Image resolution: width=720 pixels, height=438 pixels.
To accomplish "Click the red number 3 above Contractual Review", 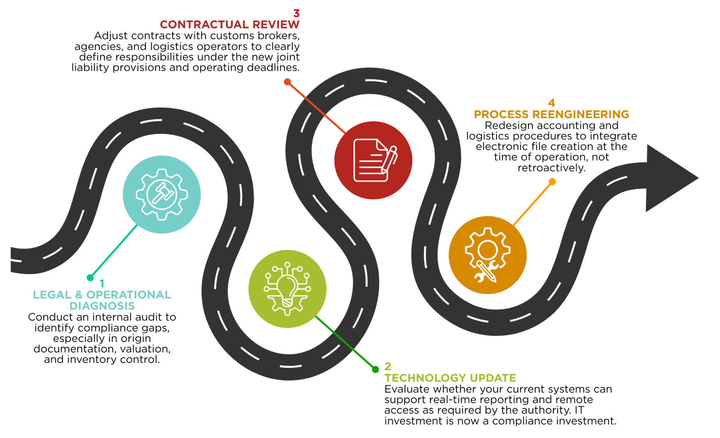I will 296,14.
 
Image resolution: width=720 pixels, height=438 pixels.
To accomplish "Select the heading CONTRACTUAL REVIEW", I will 229,24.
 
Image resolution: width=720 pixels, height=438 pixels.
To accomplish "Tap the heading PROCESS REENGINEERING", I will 551,114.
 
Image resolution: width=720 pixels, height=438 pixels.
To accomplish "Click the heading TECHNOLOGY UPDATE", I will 450,378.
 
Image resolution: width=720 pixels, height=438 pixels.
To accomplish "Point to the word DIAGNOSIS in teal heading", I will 102,306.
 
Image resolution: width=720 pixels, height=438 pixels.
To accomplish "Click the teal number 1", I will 102,283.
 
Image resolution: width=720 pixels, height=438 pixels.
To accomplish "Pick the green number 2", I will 388,366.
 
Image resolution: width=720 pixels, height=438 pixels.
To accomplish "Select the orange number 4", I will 551,103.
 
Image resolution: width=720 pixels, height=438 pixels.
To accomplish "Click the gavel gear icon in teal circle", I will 162,194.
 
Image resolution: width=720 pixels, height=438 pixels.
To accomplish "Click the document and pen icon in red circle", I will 373,160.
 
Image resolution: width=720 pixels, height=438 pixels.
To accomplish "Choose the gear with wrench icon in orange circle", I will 487,255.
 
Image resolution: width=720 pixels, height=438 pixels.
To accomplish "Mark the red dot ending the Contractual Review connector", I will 287,82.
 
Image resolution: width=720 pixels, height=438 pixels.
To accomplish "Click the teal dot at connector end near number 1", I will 90,278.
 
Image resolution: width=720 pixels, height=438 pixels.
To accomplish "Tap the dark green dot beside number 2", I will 375,369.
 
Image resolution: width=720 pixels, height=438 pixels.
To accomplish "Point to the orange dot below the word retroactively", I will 552,182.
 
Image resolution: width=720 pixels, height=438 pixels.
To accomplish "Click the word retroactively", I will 551,168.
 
